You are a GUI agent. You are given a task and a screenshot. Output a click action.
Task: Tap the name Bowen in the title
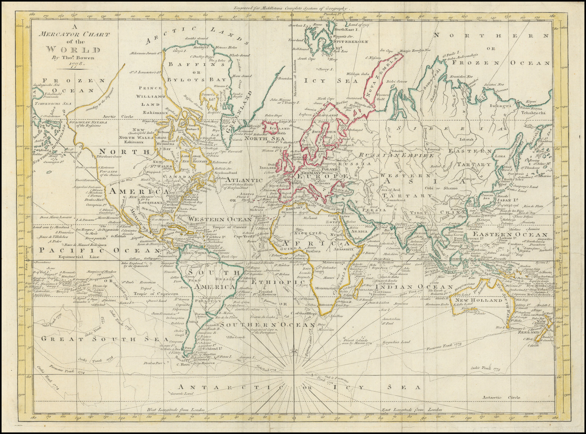[x=83, y=57]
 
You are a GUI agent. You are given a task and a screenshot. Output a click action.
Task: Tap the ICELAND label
[x=279, y=129]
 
